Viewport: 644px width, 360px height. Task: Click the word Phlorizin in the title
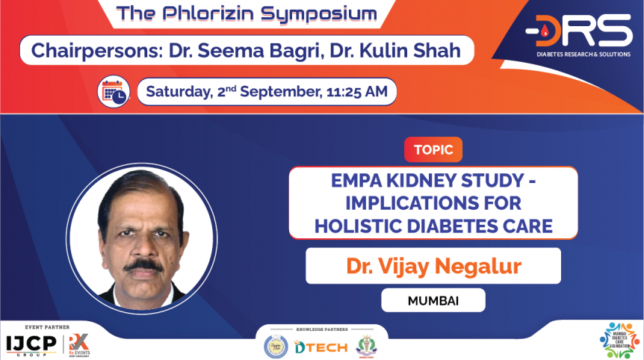pyautogui.click(x=210, y=13)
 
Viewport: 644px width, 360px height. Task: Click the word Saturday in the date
pyautogui.click(x=178, y=92)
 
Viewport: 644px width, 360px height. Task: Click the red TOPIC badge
pyautogui.click(x=433, y=149)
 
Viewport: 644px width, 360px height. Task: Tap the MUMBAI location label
pyautogui.click(x=433, y=300)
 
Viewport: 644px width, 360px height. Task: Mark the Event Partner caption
pyautogui.click(x=47, y=326)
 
